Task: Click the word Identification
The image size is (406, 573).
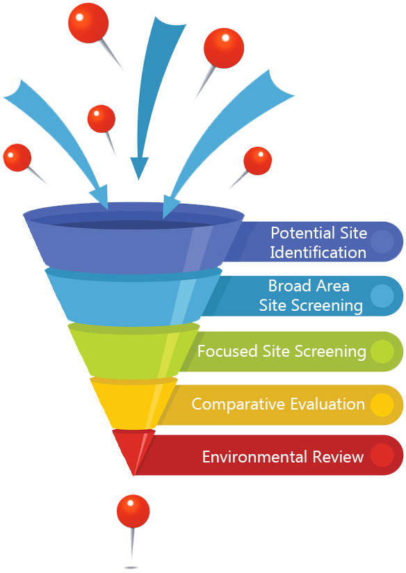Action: tap(318, 252)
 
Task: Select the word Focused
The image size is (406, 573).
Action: tap(227, 351)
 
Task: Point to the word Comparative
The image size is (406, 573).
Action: tap(238, 405)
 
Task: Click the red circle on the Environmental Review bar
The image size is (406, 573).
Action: tap(382, 455)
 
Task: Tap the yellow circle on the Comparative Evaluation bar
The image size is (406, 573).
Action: tap(382, 405)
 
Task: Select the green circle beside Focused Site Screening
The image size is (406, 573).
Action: tap(382, 352)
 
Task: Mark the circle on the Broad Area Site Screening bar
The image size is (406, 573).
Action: tap(382, 296)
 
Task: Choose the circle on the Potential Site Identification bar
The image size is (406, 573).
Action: tap(382, 241)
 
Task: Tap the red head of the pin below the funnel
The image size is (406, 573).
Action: tap(133, 511)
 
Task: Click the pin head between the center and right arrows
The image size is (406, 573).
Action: tap(224, 48)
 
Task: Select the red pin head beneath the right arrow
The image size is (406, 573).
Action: tap(258, 161)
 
